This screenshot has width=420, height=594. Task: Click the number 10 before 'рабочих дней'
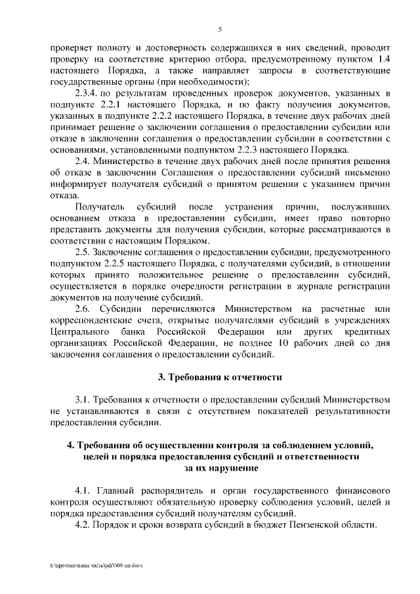[283, 343]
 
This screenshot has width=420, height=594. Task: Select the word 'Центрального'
[79, 331]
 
